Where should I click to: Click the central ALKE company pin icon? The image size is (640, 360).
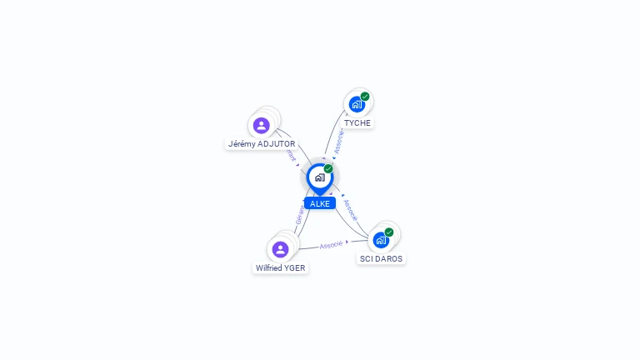pyautogui.click(x=319, y=177)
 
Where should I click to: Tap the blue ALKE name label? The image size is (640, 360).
pyautogui.click(x=320, y=203)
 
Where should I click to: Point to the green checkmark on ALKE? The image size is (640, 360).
pyautogui.click(x=328, y=168)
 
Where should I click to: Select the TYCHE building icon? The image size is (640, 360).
pyautogui.click(x=357, y=104)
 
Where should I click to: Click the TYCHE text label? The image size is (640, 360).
pyautogui.click(x=357, y=122)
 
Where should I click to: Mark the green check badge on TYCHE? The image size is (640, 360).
pyautogui.click(x=365, y=97)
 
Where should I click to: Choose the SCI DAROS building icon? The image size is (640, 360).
pyautogui.click(x=381, y=240)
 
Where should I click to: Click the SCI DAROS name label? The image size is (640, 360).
pyautogui.click(x=381, y=258)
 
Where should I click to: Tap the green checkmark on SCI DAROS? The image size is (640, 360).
pyautogui.click(x=389, y=232)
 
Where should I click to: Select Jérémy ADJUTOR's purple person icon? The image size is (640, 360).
pyautogui.click(x=262, y=126)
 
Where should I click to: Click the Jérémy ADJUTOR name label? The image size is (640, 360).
pyautogui.click(x=262, y=143)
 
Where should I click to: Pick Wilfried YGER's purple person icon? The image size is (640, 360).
pyautogui.click(x=280, y=249)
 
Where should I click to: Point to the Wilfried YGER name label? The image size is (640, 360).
pyautogui.click(x=281, y=267)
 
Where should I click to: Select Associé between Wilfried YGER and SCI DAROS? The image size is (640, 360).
pyautogui.click(x=331, y=245)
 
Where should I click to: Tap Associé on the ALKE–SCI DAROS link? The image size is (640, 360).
pyautogui.click(x=351, y=209)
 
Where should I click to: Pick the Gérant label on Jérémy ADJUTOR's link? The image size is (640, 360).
pyautogui.click(x=290, y=154)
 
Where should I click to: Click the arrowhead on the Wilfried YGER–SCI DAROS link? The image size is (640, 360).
pyautogui.click(x=347, y=242)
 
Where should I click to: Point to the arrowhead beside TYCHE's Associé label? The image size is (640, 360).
pyautogui.click(x=333, y=156)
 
